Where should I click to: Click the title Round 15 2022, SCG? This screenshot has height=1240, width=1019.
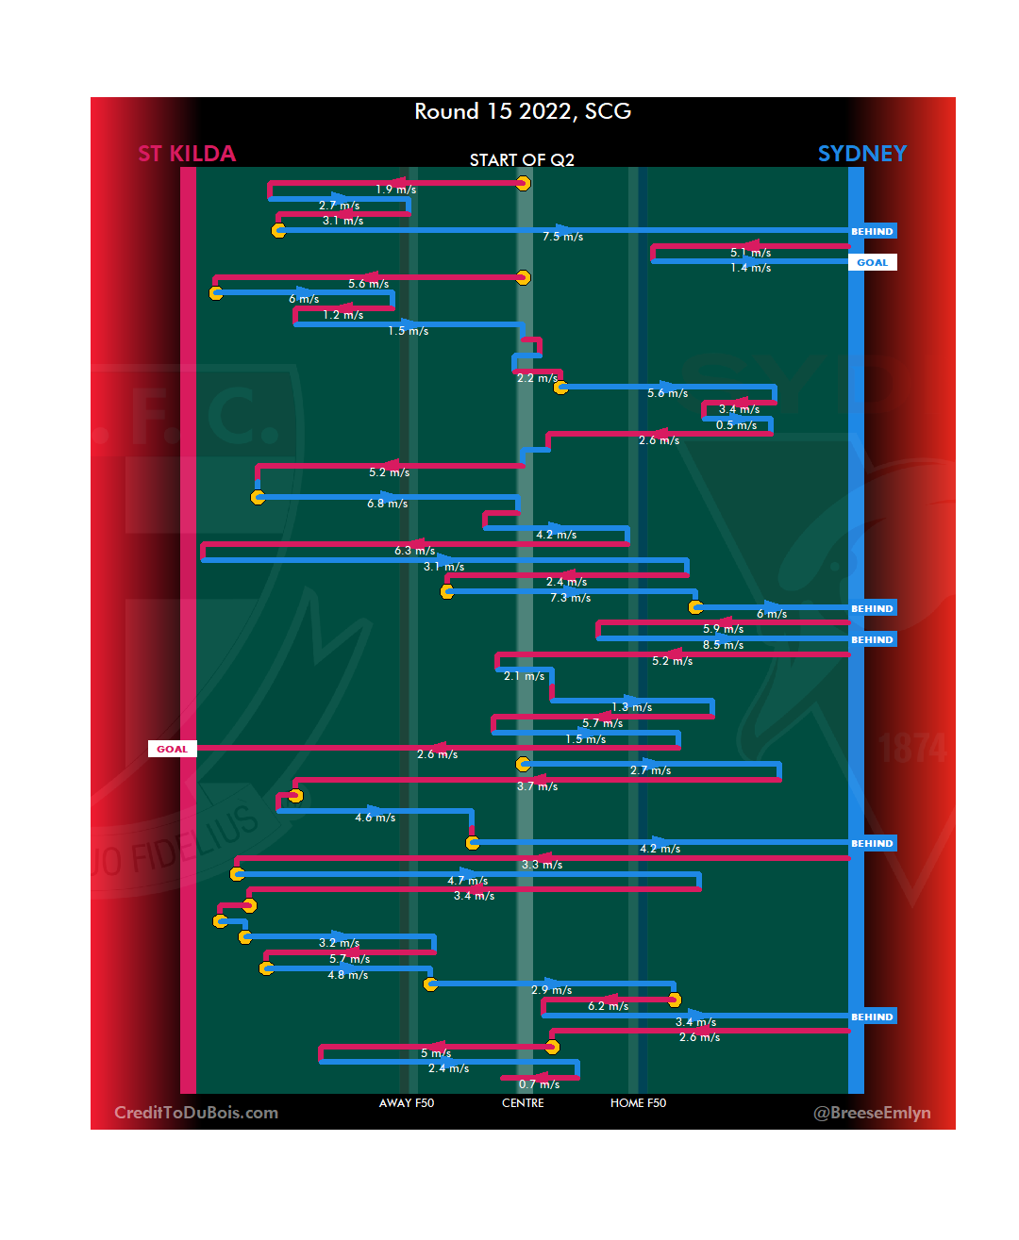[523, 111]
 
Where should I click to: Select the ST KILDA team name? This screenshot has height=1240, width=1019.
[187, 154]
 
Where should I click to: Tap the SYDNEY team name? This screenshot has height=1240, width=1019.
[861, 154]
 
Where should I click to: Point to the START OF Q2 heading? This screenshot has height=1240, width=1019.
[522, 160]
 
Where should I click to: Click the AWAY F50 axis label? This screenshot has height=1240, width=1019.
[407, 1103]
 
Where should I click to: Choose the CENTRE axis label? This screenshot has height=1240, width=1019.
[523, 1103]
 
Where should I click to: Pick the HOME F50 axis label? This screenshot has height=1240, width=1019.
[638, 1103]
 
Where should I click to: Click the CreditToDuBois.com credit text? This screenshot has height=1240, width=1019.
[196, 1113]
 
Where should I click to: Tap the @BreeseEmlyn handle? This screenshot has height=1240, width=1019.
[872, 1113]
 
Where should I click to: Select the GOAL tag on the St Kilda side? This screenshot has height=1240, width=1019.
[172, 749]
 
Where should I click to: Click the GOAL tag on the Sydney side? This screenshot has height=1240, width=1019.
[872, 262]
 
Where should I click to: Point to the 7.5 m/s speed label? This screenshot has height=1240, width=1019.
[562, 237]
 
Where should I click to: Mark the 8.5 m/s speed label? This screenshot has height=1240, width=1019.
[723, 645]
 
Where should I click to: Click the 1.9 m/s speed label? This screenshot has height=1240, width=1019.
[395, 190]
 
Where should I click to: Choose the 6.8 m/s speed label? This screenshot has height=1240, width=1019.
[387, 504]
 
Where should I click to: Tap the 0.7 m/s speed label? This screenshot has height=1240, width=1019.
[539, 1084]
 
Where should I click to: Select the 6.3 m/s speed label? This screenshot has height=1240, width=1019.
[414, 551]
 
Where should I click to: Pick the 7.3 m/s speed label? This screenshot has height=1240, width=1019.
[570, 598]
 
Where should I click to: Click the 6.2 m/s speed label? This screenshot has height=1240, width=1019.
[608, 1006]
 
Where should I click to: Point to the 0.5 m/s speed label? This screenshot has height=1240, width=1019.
[736, 425]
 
